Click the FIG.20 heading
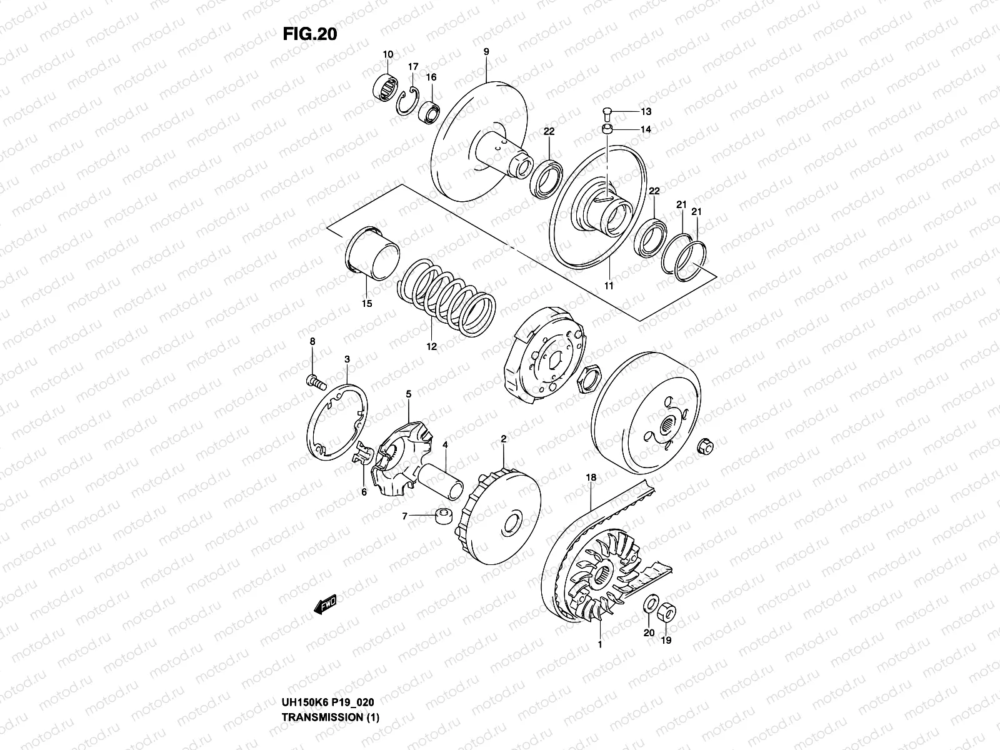pos(309,34)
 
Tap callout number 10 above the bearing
pos(387,54)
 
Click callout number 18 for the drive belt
pos(591,477)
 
